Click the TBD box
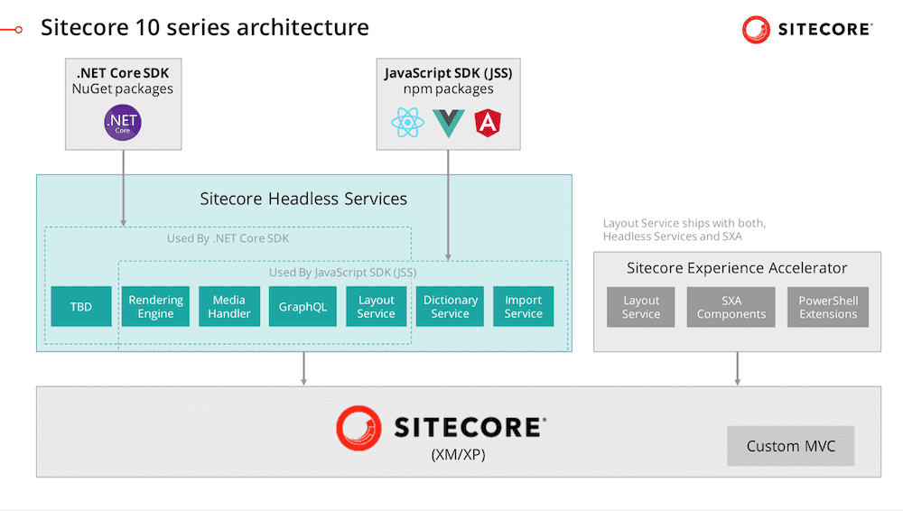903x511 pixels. tap(81, 307)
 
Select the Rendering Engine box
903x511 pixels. tap(155, 307)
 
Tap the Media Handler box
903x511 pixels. tap(228, 307)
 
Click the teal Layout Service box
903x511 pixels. tap(376, 307)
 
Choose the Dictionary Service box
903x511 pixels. tap(450, 307)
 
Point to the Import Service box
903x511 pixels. tap(523, 307)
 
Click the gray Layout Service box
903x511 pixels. tap(641, 307)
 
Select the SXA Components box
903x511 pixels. tap(731, 307)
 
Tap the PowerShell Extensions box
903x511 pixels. tap(828, 307)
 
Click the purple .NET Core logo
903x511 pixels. tap(123, 123)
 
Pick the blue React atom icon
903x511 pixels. tap(407, 123)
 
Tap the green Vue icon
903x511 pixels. tap(448, 124)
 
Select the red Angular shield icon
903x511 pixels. tap(488, 123)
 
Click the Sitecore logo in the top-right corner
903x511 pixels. tap(806, 30)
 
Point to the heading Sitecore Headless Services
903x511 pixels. tap(303, 199)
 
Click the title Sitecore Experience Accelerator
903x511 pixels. tap(737, 268)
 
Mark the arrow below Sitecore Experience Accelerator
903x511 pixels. tap(738, 368)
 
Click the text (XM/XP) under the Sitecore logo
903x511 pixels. tap(458, 456)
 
